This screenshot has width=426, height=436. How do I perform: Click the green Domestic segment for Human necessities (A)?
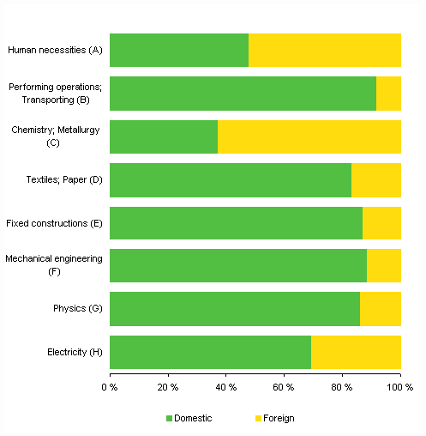click(179, 51)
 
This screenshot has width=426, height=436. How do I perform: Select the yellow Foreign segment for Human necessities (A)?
click(325, 51)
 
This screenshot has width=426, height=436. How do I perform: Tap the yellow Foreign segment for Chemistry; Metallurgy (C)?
click(309, 136)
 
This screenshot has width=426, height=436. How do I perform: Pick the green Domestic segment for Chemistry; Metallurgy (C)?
click(164, 136)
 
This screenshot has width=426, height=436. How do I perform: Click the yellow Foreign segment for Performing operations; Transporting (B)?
click(388, 94)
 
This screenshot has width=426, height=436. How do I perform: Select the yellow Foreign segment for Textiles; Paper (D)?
click(376, 179)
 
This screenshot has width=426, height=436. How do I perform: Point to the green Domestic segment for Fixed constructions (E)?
click(236, 223)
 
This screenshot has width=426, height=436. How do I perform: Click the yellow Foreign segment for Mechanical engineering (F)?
click(384, 266)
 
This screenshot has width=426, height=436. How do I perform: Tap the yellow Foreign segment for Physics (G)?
click(381, 309)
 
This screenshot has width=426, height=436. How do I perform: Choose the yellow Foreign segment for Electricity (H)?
click(356, 352)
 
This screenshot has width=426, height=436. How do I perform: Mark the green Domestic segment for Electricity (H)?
click(210, 352)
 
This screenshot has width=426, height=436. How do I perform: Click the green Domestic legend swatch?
click(169, 418)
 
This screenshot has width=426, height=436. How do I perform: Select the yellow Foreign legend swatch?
click(259, 418)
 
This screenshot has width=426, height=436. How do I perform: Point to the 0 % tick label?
click(110, 387)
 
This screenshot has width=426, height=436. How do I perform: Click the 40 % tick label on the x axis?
click(226, 387)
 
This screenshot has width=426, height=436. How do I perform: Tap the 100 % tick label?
click(399, 387)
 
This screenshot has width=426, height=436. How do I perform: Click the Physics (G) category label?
click(78, 309)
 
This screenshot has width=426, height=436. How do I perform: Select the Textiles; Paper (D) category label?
click(64, 179)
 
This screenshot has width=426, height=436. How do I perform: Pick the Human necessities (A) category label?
click(55, 51)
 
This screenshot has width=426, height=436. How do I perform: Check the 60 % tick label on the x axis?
click(285, 387)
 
